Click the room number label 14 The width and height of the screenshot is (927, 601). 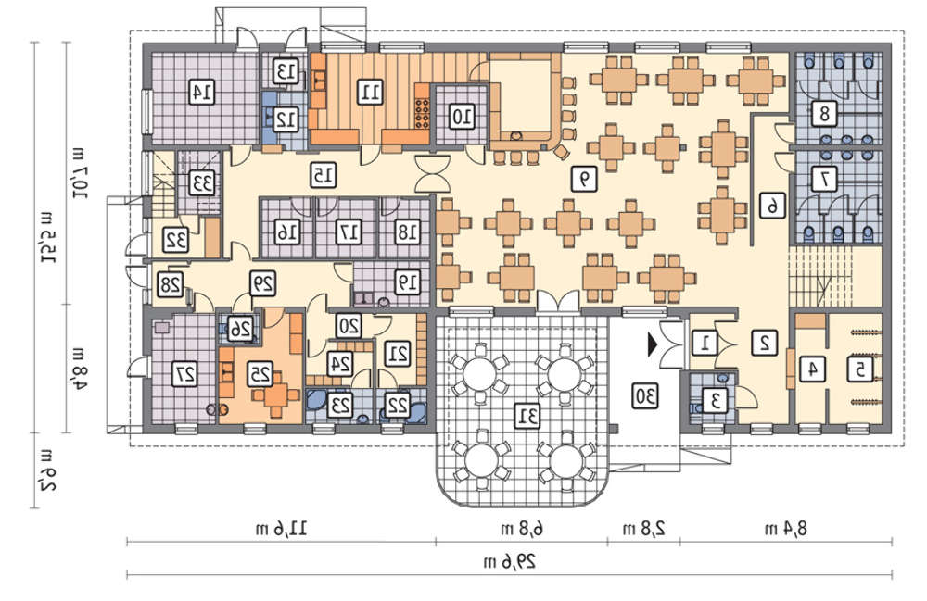(x=201, y=92)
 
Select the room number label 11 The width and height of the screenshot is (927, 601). (x=371, y=92)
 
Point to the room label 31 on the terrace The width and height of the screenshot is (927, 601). (x=528, y=417)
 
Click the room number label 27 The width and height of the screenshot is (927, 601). (x=185, y=374)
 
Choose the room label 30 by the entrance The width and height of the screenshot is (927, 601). (x=644, y=395)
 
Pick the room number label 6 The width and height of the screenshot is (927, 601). (x=773, y=206)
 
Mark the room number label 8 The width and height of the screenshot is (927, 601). (x=824, y=113)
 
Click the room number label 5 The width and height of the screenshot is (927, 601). (x=859, y=369)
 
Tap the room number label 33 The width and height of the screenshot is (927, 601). (x=202, y=183)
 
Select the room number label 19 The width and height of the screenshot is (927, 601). (x=408, y=282)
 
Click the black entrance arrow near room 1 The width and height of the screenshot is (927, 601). (x=653, y=345)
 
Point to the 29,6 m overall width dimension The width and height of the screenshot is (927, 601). (x=510, y=561)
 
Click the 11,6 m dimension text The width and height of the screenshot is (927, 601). (x=282, y=528)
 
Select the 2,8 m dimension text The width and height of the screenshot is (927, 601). (x=644, y=528)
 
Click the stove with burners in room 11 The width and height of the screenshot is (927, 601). (x=422, y=113)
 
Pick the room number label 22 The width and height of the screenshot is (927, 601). (x=398, y=405)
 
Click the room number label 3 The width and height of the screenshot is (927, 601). (x=715, y=401)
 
